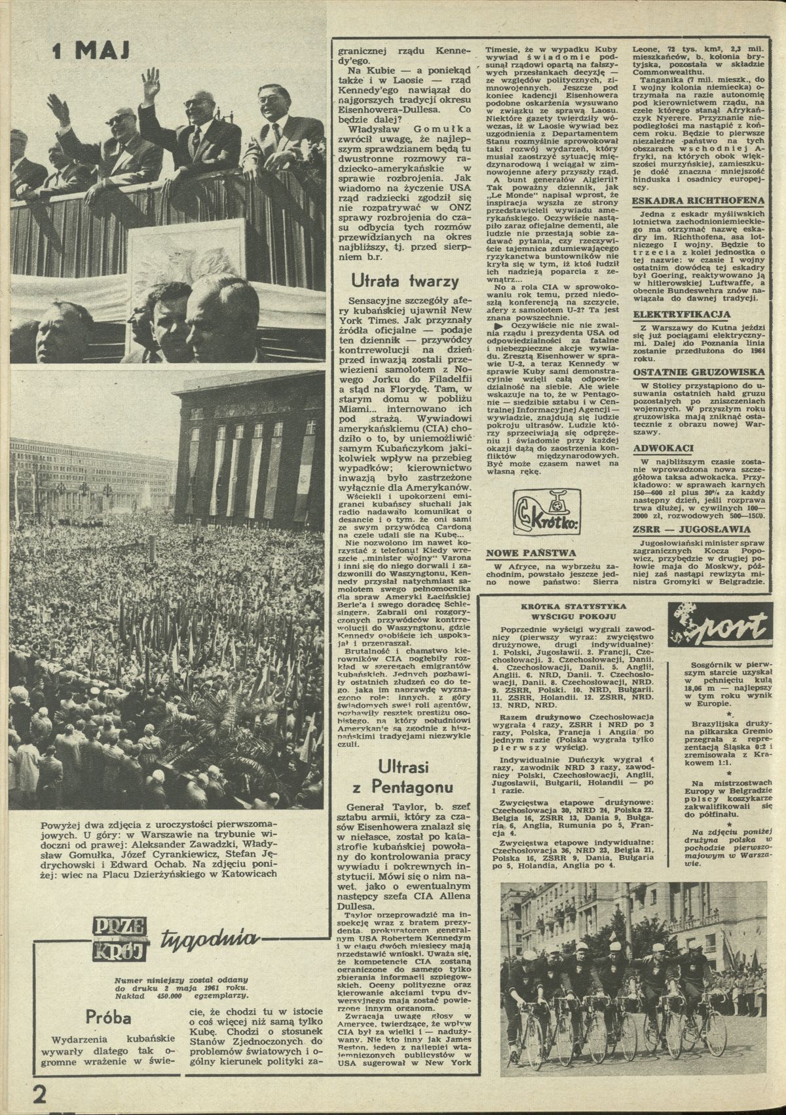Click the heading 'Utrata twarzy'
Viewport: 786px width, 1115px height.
pos(404,283)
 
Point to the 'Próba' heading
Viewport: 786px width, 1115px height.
pos(109,1017)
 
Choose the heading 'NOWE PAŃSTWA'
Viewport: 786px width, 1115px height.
pos(531,553)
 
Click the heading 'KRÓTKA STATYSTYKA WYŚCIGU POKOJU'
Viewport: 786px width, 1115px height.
pos(569,612)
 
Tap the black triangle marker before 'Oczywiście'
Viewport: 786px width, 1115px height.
pos(499,326)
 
